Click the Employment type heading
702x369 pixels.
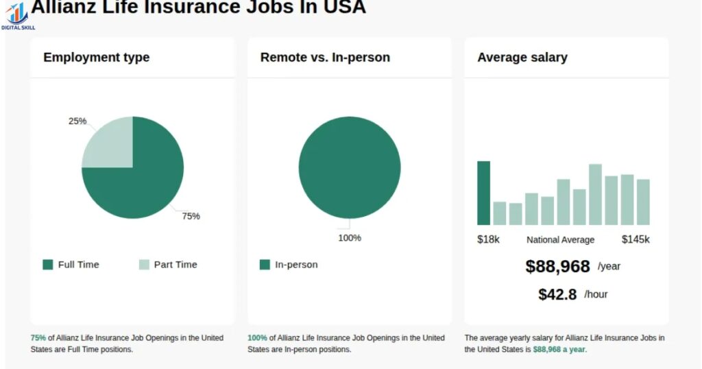click(x=96, y=58)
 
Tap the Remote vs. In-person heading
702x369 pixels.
click(x=325, y=58)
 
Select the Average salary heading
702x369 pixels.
click(x=522, y=58)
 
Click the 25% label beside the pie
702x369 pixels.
click(x=77, y=121)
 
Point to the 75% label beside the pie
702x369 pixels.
click(x=191, y=216)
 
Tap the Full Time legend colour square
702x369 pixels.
click(x=47, y=265)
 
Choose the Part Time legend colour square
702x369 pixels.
click(x=144, y=265)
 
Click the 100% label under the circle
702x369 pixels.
click(x=350, y=238)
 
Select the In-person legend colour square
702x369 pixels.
click(x=265, y=265)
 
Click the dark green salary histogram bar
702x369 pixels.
click(x=484, y=193)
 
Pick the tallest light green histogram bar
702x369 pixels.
click(x=595, y=194)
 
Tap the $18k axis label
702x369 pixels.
click(x=488, y=239)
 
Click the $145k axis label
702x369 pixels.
click(x=636, y=239)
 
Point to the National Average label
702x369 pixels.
click(x=561, y=240)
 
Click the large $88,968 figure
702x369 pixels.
click(x=557, y=266)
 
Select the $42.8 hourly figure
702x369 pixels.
click(x=557, y=294)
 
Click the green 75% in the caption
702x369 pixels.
click(x=38, y=338)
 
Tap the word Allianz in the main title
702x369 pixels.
click(x=66, y=7)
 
